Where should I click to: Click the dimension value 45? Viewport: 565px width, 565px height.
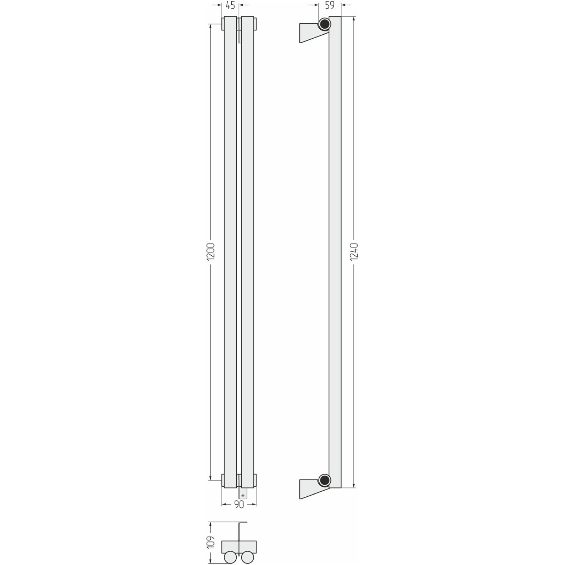231,5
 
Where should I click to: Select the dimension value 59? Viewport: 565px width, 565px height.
330,5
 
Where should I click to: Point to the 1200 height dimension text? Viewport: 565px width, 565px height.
211,252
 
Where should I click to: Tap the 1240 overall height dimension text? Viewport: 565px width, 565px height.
354,252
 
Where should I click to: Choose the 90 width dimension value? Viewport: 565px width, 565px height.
239,505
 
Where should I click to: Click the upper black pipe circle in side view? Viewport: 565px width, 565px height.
325,24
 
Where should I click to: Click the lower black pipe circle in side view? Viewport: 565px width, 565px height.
325,480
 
